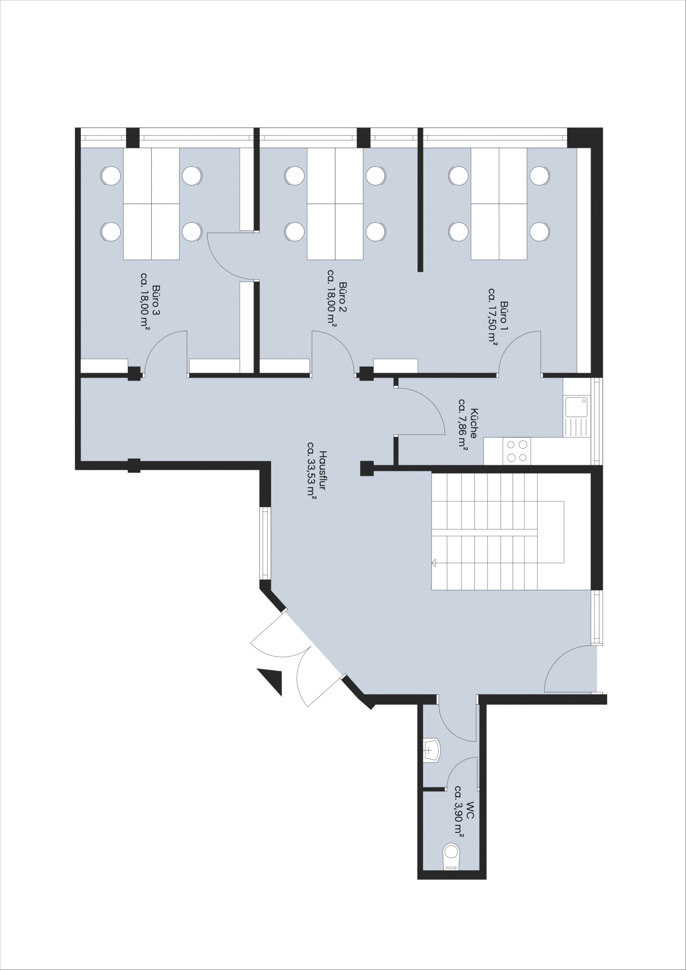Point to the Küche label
(473, 423)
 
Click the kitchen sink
(576, 407)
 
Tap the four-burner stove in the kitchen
(517, 451)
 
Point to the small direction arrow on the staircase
(433, 563)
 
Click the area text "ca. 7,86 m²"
(463, 424)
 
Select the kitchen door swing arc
(431, 402)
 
